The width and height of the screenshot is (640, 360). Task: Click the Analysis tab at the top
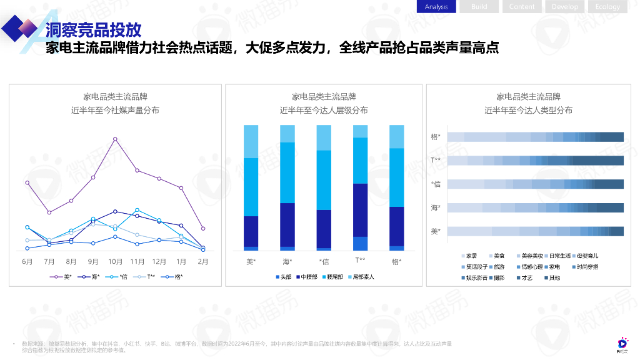436,7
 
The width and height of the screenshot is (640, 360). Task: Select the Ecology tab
607,7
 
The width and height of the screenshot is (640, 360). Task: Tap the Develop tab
564,7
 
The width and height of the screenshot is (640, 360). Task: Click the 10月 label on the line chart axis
115,261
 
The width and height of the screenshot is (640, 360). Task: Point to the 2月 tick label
203,261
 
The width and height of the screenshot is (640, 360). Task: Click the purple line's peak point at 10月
115,139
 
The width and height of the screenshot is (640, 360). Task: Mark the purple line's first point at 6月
27,182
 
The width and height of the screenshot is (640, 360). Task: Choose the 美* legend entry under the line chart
63,276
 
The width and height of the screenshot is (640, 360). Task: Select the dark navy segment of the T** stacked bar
361,210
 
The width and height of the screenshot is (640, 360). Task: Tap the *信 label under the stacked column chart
324,261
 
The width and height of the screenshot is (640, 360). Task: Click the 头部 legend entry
286,276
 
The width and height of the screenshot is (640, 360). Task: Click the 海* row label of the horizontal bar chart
436,207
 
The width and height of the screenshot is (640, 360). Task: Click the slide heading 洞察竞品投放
93,29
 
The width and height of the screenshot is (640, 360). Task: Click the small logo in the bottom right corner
622,344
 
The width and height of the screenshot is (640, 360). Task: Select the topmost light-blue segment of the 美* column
251,141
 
